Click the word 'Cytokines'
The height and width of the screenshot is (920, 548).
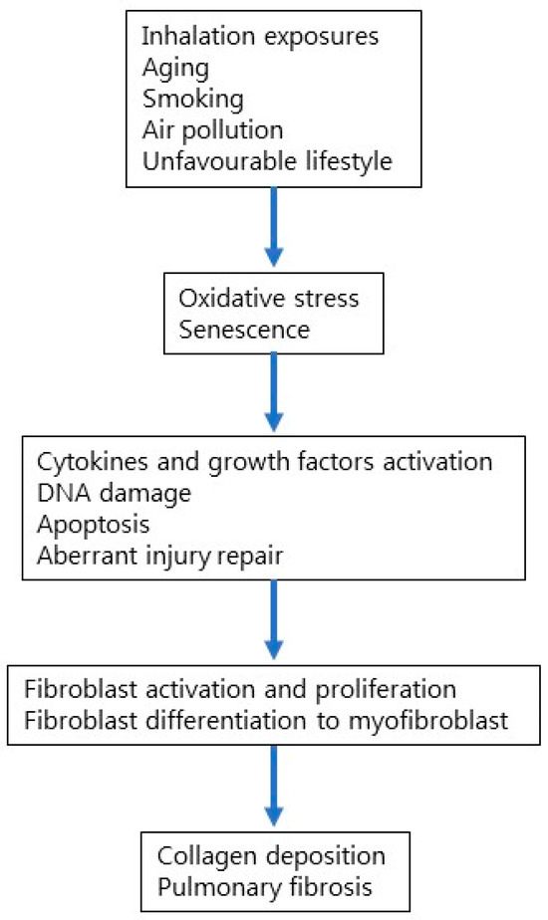pos(75,462)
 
